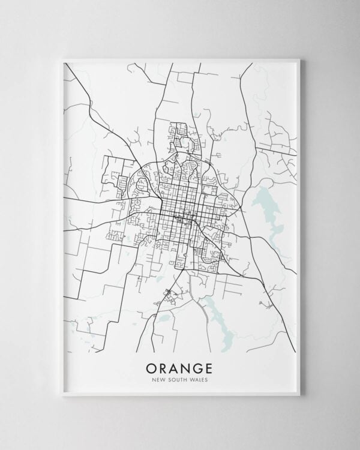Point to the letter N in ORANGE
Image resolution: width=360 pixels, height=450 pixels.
click(188, 366)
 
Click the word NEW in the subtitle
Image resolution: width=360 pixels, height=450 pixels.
click(159, 378)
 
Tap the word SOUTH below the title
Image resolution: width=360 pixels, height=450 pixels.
click(178, 378)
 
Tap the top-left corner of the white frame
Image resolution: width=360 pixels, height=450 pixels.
click(62, 58)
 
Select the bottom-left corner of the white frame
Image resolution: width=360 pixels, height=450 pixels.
click(62, 394)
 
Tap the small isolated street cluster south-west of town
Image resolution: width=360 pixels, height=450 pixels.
click(170, 294)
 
